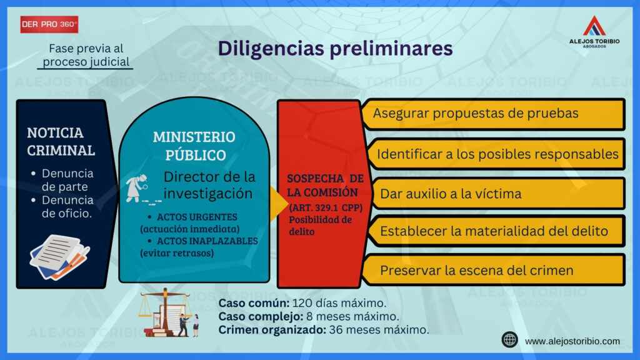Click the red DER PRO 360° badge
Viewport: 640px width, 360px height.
pos(49,24)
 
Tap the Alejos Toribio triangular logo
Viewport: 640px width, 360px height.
pos(594,26)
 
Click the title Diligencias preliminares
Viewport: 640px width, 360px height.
pos(335,49)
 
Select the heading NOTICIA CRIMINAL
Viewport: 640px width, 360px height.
pos(61,142)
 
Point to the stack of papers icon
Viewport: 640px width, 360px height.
pos(59,257)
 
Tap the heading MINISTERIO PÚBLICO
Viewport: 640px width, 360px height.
pos(194,146)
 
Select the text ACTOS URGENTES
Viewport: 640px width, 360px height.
pos(197,217)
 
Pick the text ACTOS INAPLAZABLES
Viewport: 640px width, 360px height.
pos(207,241)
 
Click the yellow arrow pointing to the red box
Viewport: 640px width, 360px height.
pos(278,204)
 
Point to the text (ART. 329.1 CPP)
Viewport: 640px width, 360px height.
pos(326,207)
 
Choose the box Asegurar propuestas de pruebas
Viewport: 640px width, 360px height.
pos(494,114)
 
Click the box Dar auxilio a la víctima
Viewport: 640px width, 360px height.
pos(496,194)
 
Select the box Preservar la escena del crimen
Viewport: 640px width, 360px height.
pos(494,270)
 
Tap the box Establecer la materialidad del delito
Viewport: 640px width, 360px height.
pos(496,231)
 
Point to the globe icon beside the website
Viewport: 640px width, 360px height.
pos(510,340)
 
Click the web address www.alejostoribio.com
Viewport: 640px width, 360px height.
pos(572,341)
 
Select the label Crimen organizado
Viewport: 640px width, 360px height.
pos(272,330)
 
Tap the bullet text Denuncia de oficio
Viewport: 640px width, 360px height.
pos(67,206)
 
